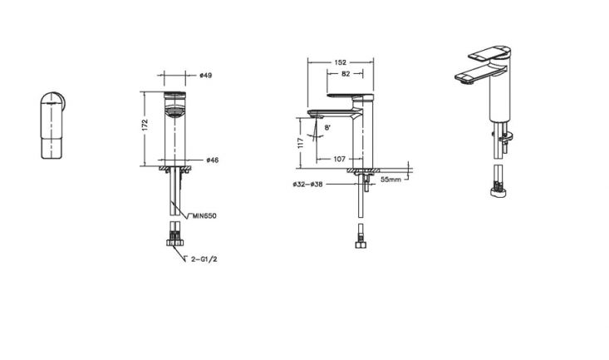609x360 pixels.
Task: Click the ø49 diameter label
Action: (206, 75)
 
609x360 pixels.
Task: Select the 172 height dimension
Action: (145, 125)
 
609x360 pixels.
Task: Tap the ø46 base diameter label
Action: (213, 160)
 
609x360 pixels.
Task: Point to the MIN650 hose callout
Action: (204, 216)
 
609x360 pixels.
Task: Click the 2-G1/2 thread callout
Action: (204, 259)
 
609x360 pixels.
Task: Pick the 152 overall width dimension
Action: (341, 62)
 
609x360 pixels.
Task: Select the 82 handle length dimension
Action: (346, 73)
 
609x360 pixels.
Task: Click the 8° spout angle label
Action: (327, 127)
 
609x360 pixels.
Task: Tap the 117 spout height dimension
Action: (300, 143)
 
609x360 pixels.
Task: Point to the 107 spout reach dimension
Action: (340, 159)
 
